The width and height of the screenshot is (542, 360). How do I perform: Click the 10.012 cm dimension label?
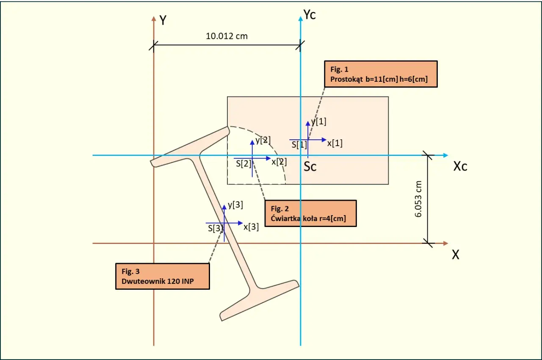click(227, 36)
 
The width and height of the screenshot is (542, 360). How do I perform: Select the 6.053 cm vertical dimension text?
click(418, 199)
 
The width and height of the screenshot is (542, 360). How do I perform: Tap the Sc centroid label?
click(310, 166)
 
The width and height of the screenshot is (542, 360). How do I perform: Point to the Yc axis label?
click(310, 14)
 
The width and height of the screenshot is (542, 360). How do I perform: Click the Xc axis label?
click(460, 166)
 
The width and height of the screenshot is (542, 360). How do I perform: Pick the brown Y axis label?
click(163, 20)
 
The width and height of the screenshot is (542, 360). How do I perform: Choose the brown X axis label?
click(456, 255)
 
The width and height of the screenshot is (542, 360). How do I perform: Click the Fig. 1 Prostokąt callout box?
click(381, 74)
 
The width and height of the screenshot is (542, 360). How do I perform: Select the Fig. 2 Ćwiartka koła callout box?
click(311, 213)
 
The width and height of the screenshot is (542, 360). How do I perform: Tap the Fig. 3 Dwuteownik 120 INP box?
click(163, 276)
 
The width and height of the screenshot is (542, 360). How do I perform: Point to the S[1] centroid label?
click(299, 145)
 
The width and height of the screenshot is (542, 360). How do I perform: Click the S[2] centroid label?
click(243, 164)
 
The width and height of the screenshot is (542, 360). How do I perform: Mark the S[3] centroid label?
click(216, 228)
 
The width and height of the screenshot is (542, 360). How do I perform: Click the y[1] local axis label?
click(319, 122)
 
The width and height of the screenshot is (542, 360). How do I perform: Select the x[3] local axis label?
click(251, 227)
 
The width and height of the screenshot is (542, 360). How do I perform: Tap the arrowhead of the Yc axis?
click(301, 18)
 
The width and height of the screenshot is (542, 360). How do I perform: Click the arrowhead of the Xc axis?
click(446, 155)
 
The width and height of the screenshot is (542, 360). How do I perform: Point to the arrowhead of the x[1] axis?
click(324, 140)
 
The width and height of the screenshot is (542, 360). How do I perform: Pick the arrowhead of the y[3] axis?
click(224, 207)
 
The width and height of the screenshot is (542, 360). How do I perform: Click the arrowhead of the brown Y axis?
click(154, 18)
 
